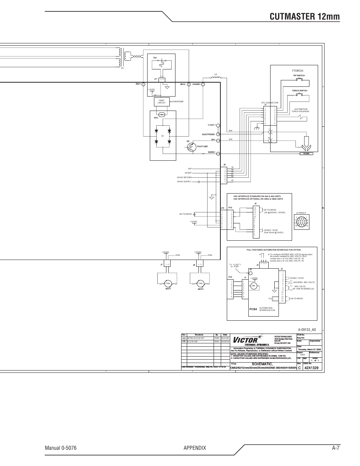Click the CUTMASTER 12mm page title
coord(305,16)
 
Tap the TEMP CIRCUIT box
coord(162,102)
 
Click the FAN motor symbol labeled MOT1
coord(168,283)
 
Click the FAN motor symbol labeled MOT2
coord(200,283)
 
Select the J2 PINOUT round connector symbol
coord(302,222)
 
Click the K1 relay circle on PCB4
coord(254,286)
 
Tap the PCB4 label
coord(253,309)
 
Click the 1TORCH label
coord(297,71)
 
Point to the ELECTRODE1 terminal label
coord(208,134)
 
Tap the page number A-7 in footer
coord(336,448)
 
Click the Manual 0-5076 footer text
coord(63,448)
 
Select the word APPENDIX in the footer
coord(195,448)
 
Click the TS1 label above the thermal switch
coord(155,58)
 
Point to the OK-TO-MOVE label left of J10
coord(185,214)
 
